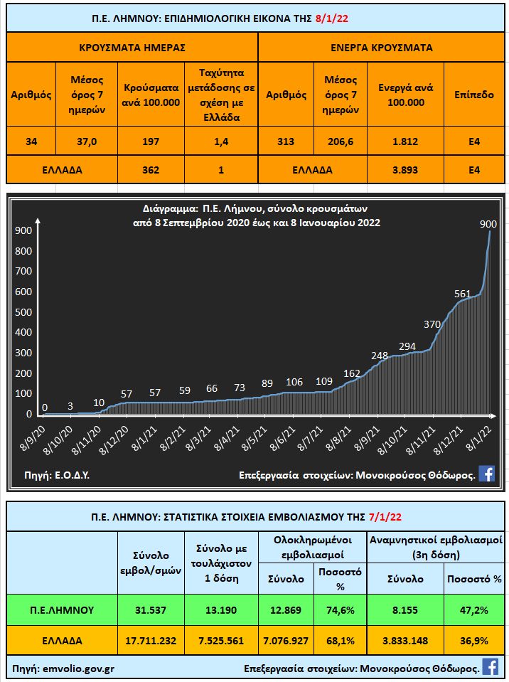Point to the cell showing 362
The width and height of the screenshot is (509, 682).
tap(150, 170)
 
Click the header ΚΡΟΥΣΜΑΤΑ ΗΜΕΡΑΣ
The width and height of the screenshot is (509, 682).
tap(132, 48)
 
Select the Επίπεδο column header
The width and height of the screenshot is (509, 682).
tap(474, 95)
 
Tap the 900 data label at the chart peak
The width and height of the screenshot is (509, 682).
tap(488, 224)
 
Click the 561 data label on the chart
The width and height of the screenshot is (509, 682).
tap(463, 293)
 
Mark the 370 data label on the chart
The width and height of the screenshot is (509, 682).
tap(432, 324)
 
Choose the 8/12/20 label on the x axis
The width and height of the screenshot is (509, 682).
tap(113, 441)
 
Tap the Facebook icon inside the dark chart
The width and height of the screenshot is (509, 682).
tap(486, 474)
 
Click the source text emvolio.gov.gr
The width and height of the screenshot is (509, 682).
tap(77, 668)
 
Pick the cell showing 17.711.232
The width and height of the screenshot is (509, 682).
tap(149, 640)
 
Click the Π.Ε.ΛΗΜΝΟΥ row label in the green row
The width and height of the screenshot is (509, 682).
tap(62, 609)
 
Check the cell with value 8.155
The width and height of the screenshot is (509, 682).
tap(404, 609)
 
